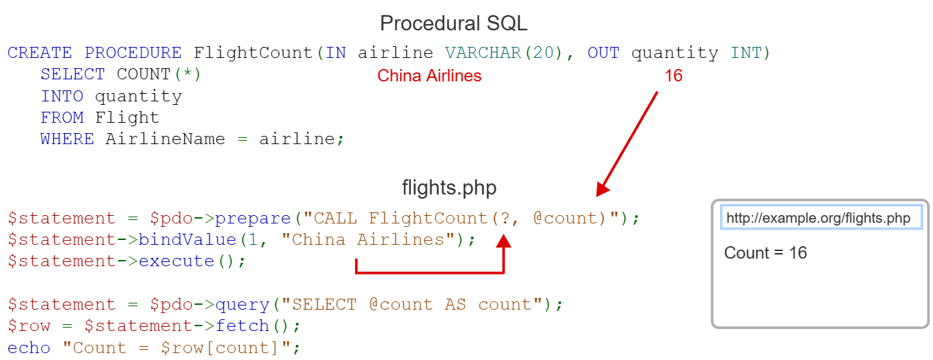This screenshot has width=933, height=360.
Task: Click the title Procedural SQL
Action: [453, 23]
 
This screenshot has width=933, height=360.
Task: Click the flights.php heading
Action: [449, 188]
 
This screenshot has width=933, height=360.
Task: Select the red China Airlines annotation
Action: [429, 76]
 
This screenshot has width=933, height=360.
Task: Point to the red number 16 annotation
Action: [673, 76]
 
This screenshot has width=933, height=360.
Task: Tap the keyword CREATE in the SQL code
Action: [40, 53]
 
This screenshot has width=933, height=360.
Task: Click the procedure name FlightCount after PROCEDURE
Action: [254, 53]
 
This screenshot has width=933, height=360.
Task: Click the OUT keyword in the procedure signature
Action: [603, 53]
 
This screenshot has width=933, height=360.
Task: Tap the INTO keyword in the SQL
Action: [62, 96]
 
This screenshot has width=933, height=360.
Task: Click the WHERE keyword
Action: [67, 139]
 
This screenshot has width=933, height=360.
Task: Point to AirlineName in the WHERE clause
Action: [165, 139]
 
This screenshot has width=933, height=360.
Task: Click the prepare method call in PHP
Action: [253, 219]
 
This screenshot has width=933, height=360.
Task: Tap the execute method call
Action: [177, 261]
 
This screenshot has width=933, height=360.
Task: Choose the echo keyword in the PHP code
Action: [29, 348]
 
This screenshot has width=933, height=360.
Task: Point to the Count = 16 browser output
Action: [765, 253]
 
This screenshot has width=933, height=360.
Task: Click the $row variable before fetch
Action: [29, 326]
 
